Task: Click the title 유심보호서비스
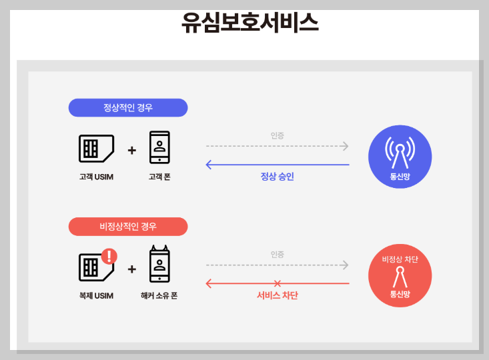pos(250,23)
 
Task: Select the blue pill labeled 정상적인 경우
pos(128,108)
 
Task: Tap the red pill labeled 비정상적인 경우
pos(128,227)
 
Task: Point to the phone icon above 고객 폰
pos(159,147)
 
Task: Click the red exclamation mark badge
pos(109,256)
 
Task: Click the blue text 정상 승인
pos(277,177)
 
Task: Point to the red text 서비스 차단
pos(277,295)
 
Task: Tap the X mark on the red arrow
pos(278,284)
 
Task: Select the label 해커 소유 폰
pos(159,295)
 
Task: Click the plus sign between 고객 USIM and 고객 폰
pos(131,151)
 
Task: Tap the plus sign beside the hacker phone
pos(131,269)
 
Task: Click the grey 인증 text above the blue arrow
pos(277,135)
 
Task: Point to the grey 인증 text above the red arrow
pos(277,254)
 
